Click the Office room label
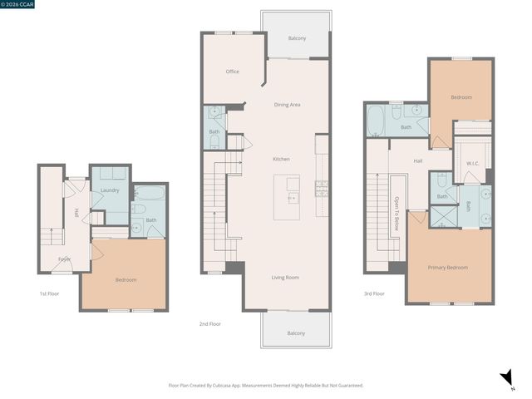[233, 71]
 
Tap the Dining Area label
[287, 105]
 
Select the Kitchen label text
[282, 159]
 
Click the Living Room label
[284, 278]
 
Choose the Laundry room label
[110, 190]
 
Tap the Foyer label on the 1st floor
[64, 259]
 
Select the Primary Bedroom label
[447, 268]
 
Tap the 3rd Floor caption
[373, 293]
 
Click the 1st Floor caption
[49, 293]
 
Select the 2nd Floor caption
[209, 324]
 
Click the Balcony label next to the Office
[297, 38]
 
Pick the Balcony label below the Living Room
[296, 333]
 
